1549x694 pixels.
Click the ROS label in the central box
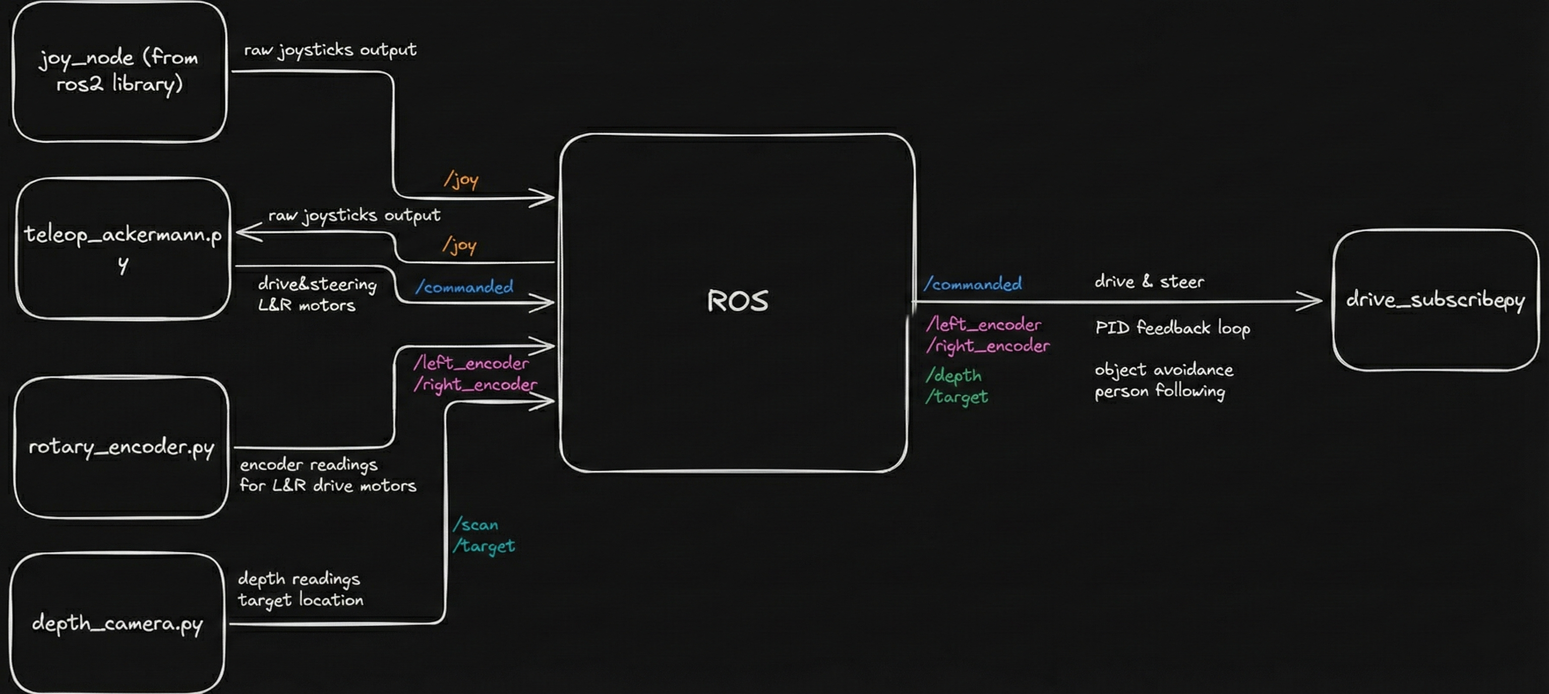[737, 301]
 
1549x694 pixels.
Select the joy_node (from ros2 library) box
[119, 72]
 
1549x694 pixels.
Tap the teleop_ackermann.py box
[123, 248]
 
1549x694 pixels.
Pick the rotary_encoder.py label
[122, 447]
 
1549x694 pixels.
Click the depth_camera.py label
[117, 623]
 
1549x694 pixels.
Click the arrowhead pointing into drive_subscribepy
[1311, 301]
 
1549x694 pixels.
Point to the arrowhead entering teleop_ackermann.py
[247, 232]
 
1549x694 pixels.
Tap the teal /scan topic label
[475, 525]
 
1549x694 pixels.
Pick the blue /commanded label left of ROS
[464, 287]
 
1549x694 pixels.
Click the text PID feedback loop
[1172, 328]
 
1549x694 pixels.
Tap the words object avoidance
[1164, 369]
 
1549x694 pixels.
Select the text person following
[1159, 391]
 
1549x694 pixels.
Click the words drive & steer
[1149, 281]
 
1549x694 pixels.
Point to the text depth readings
[299, 579]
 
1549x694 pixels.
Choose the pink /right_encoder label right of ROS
[988, 346]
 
